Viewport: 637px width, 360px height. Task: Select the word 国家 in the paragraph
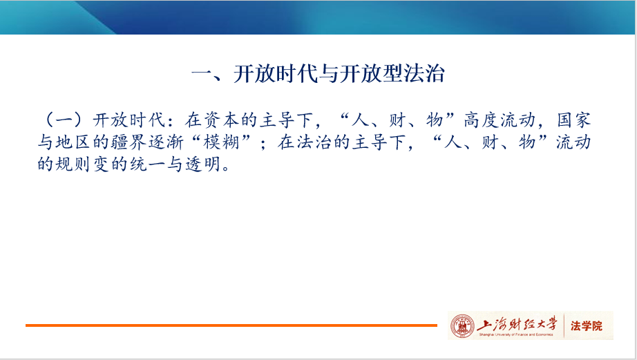point(573,120)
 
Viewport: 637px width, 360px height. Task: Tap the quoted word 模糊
point(221,142)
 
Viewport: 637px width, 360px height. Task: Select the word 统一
point(147,164)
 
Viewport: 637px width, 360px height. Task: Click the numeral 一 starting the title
point(202,75)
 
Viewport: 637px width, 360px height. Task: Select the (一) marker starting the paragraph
point(64,120)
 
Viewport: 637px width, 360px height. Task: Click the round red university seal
point(462,326)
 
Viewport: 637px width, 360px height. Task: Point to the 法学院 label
point(586,326)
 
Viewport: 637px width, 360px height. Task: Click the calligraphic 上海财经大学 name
point(517,324)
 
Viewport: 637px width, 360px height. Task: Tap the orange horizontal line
point(231,325)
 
